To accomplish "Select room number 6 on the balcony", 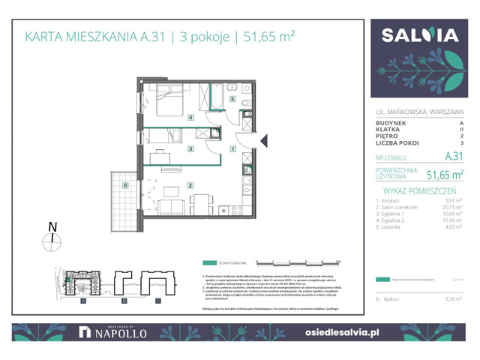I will tap(127, 184).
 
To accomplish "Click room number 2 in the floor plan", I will tap(191, 185).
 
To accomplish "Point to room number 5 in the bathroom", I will tap(232, 99).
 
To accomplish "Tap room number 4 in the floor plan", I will tap(190, 118).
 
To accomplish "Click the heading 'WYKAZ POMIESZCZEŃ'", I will tap(418, 190).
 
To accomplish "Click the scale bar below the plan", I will tap(298, 262).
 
